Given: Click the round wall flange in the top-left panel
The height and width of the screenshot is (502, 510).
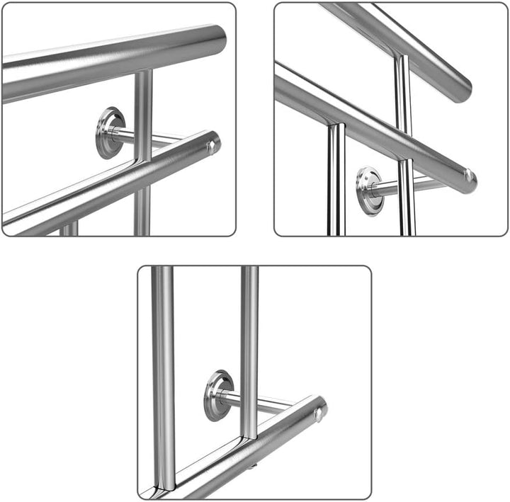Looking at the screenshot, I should pyautogui.click(x=110, y=132).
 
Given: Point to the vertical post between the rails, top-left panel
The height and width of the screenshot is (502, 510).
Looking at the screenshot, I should pyautogui.click(x=143, y=106).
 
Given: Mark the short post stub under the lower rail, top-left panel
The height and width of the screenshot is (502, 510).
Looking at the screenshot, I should pyautogui.click(x=69, y=229).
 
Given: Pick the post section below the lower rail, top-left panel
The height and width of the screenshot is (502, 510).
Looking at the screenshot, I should pyautogui.click(x=142, y=209).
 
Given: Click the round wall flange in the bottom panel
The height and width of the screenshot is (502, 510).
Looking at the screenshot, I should pyautogui.click(x=218, y=395).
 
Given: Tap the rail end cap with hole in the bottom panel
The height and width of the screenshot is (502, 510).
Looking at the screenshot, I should pyautogui.click(x=319, y=411).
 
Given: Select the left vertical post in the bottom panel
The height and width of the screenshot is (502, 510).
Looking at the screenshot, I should pyautogui.click(x=164, y=368).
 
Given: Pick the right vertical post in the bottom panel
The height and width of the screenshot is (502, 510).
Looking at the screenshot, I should pyautogui.click(x=249, y=347).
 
